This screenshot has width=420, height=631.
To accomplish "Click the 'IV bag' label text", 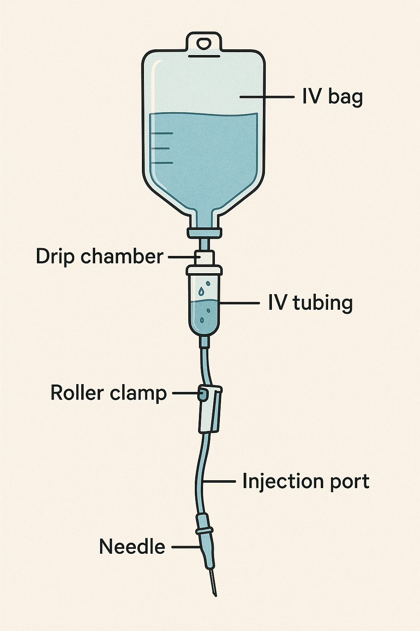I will coord(332,97).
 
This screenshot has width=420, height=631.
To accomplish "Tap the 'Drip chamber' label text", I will coord(99,256).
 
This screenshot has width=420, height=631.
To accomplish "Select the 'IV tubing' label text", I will coord(310,303).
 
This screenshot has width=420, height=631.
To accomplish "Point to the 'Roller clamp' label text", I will coord(108,393).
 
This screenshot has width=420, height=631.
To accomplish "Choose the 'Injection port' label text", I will coord(306,481).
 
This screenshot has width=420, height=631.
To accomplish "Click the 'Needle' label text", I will coord(132,547).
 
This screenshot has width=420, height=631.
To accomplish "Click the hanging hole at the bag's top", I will coord(204,43).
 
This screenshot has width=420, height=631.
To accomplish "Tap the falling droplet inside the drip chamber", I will coord(201,291).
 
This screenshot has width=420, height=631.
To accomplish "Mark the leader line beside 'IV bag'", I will coord(267,97).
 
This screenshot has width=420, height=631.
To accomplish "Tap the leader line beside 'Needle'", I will coord(186,547).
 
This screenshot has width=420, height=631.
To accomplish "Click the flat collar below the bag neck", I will coord(204,233).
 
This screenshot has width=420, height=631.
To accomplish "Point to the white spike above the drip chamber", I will coord(204,257).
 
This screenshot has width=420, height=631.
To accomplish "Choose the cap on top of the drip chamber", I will coord(204,270).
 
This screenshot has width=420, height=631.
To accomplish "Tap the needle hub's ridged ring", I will coord(205,530).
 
